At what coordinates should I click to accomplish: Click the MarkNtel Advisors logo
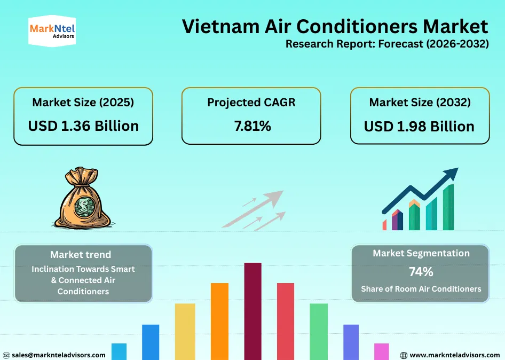point(51,30)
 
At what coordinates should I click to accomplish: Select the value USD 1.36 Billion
point(83,126)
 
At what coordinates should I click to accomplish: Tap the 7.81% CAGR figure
point(252,126)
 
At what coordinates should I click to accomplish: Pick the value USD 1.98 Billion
point(420,127)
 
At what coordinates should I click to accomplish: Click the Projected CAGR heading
point(251,102)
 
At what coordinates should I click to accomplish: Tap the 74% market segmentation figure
point(421,272)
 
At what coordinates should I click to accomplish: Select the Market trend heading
point(81,255)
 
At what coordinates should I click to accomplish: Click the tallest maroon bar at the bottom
point(253,310)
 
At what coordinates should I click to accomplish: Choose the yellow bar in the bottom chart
point(185,331)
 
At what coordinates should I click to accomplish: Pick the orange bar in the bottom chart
point(219,320)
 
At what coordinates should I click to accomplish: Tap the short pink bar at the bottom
point(382,351)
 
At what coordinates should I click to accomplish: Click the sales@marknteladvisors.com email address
point(59,355)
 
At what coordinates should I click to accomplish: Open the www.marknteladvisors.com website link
point(454,355)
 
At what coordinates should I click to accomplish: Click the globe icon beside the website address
point(404,355)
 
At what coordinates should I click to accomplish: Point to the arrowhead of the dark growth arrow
point(452,174)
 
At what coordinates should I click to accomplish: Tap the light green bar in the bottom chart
point(319,331)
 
